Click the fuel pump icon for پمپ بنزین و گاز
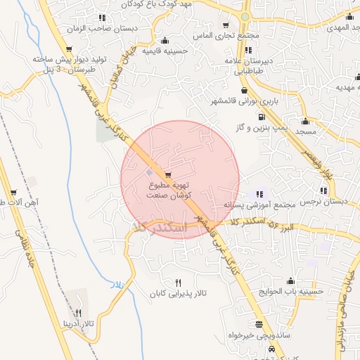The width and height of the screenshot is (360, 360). pos(261,117)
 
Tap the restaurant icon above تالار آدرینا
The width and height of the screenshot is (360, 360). pos(78,313)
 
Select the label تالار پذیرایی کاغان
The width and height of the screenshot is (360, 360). pos(176,292)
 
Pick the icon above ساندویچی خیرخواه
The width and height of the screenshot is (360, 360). pos(260,324)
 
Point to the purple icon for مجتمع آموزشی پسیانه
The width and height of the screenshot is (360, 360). pos(260,193)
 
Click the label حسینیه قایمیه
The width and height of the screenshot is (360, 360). pos(165,51)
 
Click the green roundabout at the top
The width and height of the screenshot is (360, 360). pos(245,15)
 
